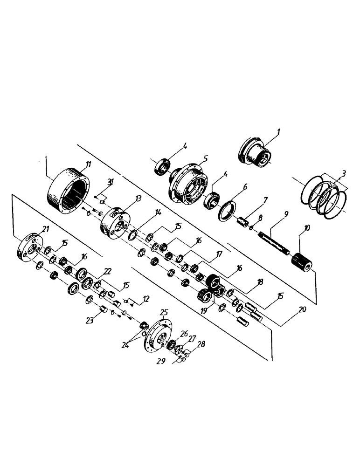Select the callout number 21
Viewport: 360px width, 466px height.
(x=45, y=228)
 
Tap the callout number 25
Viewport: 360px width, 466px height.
(x=163, y=311)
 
